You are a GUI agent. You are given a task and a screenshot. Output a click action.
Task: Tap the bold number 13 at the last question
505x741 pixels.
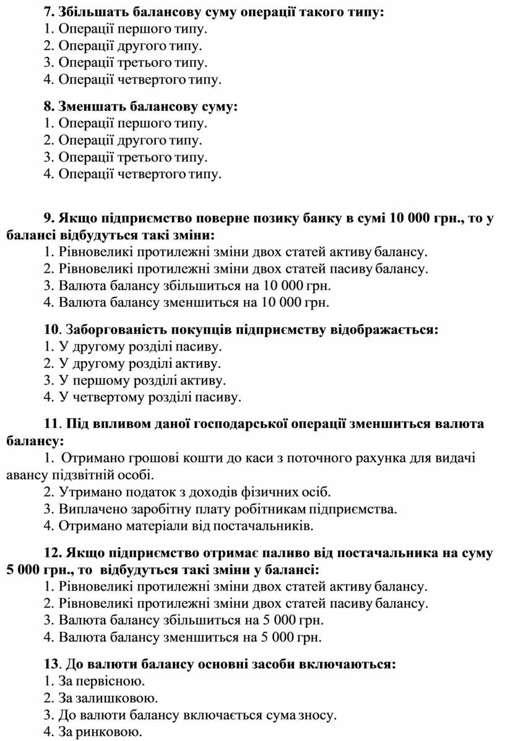(x=51, y=664)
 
